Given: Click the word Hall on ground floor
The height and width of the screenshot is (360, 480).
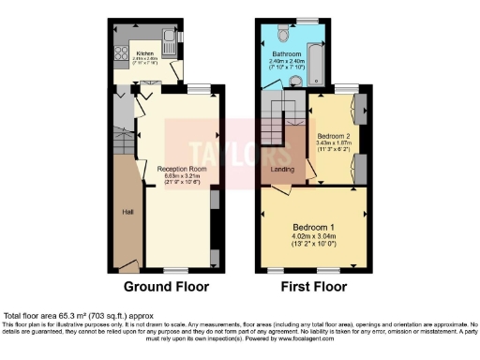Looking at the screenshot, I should click(x=127, y=212).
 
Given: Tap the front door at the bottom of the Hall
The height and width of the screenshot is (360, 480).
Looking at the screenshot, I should click(x=127, y=268).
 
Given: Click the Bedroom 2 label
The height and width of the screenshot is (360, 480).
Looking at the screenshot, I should click(x=334, y=136).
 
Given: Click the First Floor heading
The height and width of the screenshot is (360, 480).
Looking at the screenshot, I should click(x=312, y=286).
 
